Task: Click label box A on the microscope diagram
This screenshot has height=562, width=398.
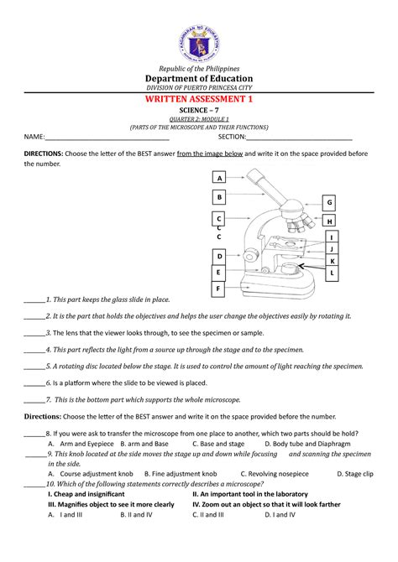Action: pos(219,179)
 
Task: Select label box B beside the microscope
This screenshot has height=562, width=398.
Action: pos(219,197)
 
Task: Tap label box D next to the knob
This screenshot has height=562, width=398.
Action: pos(219,256)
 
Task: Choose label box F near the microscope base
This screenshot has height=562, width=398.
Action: pos(219,289)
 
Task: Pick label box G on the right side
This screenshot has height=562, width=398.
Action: pos(330,203)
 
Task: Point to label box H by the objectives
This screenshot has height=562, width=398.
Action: pos(330,221)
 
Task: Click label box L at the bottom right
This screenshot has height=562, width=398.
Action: pos(333,273)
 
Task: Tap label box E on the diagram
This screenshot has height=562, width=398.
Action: pos(219,273)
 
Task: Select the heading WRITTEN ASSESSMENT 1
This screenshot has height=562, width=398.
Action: pos(199,99)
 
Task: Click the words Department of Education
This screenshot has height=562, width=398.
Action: pos(199,78)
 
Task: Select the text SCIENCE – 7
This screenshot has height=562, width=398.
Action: pos(199,111)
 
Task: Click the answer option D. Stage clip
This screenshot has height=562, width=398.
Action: pos(352,473)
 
